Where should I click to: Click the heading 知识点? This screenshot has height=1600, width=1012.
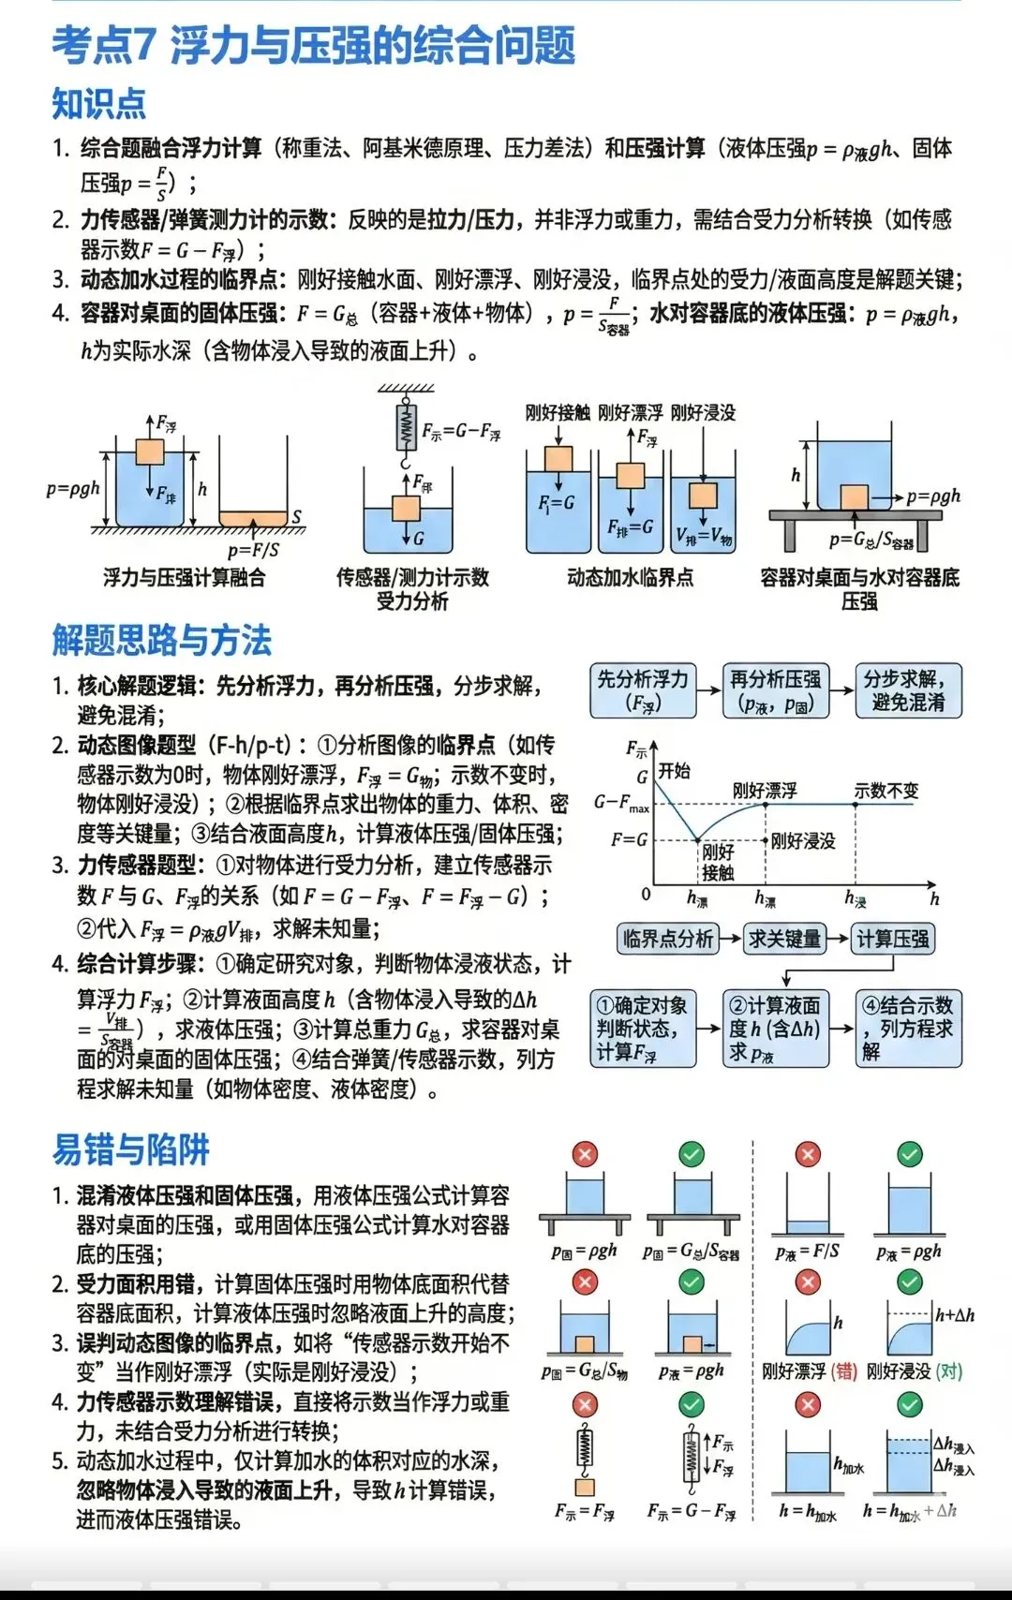pos(98,103)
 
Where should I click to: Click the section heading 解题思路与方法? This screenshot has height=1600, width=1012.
pos(161,641)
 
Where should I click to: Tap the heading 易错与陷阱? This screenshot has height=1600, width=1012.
pos(130,1149)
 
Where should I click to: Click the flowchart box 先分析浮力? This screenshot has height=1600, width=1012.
pos(643,690)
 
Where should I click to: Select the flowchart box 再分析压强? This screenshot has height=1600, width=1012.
pos(775,690)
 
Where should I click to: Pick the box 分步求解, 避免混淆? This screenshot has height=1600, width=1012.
pos(908,690)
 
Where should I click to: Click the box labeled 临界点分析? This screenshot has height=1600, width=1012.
pos(668,939)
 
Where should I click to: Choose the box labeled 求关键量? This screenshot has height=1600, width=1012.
pos(784,939)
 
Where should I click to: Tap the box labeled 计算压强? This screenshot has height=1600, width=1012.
pos(893,939)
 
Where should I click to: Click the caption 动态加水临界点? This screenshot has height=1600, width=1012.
pos(630,578)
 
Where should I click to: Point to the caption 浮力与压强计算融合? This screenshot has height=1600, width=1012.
pos(184,578)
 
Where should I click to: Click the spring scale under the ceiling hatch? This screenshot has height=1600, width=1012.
pos(406,428)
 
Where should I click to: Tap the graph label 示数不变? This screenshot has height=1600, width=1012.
pos(885,791)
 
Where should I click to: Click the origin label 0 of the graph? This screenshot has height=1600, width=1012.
pos(646,895)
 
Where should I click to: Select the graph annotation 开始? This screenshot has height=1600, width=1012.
pos(674,771)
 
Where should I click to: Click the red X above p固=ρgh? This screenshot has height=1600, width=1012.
pos(585,1154)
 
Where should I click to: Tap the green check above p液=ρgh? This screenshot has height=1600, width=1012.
pos(909,1154)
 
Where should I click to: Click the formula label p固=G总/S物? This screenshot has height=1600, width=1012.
pos(584,1371)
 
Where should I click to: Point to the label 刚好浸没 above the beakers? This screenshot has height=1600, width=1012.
pos(703,412)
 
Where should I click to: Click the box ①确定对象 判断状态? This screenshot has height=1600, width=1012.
pos(643,1029)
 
